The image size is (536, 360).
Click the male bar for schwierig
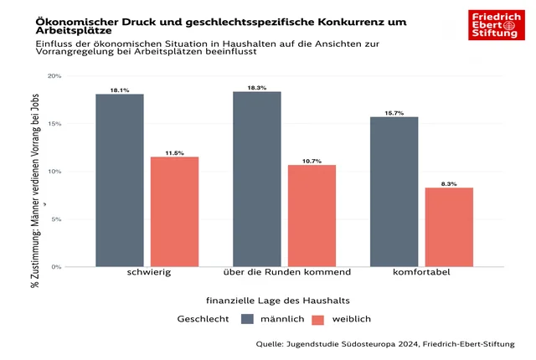pos(119,180)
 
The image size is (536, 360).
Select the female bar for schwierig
pos(174,212)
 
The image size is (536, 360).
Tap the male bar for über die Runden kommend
pos(256,179)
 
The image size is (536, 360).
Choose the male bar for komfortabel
pos(394,192)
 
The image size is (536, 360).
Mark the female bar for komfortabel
pos(449,227)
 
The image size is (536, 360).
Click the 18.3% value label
pos(256,88)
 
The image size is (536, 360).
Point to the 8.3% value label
pos(449,183)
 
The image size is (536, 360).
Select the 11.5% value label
pos(174,153)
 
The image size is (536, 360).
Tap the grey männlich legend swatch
pos(247,319)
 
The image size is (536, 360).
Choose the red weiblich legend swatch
pos(317,319)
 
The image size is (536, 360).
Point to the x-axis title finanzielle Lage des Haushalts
pos(277,300)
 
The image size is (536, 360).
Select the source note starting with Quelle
pos(386,343)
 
